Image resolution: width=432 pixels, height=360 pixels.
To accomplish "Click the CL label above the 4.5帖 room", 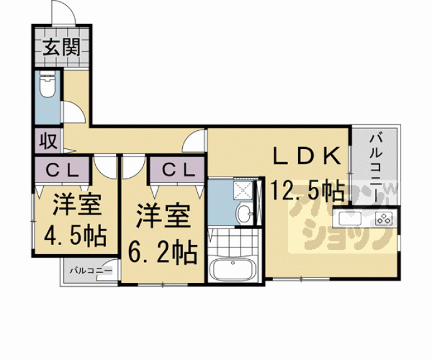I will [64, 169].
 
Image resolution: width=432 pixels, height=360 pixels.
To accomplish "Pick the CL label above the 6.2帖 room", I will [176, 169].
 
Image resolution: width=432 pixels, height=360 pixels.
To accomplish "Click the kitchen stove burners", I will [383, 219].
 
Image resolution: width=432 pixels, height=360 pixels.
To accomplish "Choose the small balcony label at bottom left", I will [91, 271].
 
